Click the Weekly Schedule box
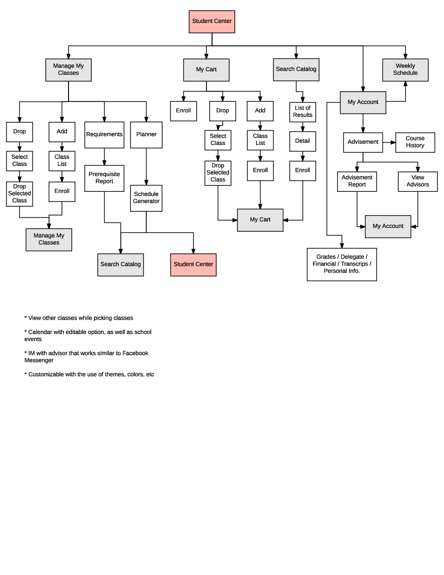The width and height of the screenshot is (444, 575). (405, 70)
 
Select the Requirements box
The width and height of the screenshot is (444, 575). (104, 135)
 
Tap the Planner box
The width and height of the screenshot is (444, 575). (146, 135)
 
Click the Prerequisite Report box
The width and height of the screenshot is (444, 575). (104, 178)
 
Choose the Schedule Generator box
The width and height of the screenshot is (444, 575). (146, 198)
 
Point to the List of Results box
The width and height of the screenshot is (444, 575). (303, 112)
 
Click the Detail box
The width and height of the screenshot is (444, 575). (303, 141)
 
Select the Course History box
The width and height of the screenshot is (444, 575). (415, 142)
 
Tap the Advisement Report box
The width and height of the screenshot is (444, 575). (357, 181)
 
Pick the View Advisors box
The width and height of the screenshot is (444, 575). (418, 181)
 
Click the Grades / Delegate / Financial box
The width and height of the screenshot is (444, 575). (342, 264)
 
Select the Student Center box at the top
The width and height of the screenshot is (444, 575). (212, 21)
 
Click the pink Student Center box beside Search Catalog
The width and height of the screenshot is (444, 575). (194, 265)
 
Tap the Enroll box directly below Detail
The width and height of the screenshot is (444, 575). (303, 171)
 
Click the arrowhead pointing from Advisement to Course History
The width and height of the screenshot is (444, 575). (393, 142)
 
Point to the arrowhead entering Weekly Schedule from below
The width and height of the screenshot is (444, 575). (406, 84)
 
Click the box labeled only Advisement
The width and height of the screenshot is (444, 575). (363, 142)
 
